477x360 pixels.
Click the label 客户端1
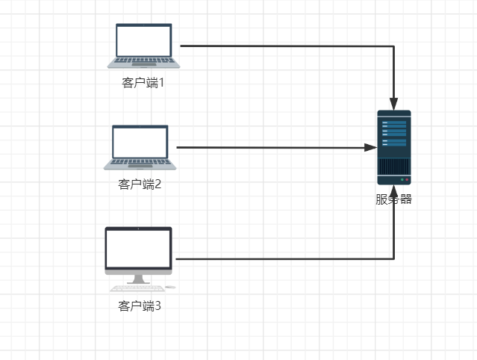(x=143, y=82)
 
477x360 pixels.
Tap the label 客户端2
(x=140, y=184)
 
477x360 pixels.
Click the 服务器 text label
(x=393, y=199)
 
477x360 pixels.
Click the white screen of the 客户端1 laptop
(x=144, y=41)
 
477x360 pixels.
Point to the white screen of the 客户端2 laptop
(x=140, y=142)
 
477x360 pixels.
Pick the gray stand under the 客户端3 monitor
(x=139, y=279)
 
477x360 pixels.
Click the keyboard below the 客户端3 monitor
(x=135, y=288)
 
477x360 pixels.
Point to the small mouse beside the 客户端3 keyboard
(x=170, y=287)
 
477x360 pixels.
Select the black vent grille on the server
(x=393, y=166)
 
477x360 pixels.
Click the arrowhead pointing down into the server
(x=393, y=105)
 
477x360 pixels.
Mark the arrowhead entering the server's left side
(x=371, y=148)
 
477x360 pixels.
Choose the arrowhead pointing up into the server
(x=393, y=191)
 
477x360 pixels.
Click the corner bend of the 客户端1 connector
(x=393, y=46)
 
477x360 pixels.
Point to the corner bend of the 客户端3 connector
(x=393, y=259)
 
